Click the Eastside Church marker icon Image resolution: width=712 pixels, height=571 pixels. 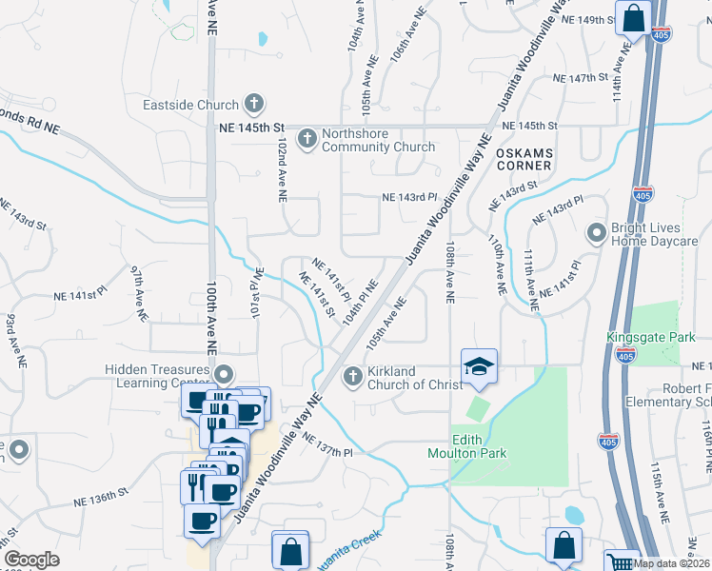[x=254, y=103]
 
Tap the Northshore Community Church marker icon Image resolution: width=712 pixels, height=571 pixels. [x=307, y=140]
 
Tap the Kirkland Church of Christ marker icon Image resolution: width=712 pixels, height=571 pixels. [x=353, y=377]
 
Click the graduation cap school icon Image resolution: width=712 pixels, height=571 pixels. [x=478, y=366]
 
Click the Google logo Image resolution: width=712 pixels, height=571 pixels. [x=31, y=560]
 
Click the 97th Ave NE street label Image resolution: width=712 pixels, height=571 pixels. [x=139, y=292]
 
